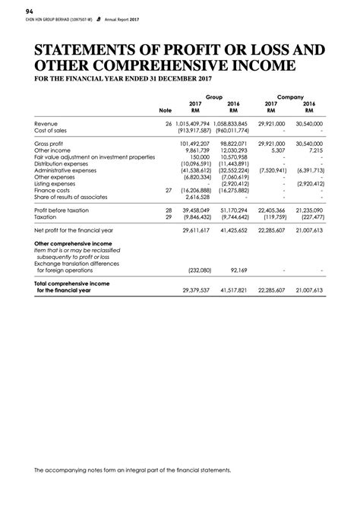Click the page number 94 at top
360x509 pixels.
30,11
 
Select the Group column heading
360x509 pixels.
213,97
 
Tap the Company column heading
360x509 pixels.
290,97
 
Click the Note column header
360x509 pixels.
166,110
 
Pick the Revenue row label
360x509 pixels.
47,123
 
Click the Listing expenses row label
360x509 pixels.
55,184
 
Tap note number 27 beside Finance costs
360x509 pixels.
169,191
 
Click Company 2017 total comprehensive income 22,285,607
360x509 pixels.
271,289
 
